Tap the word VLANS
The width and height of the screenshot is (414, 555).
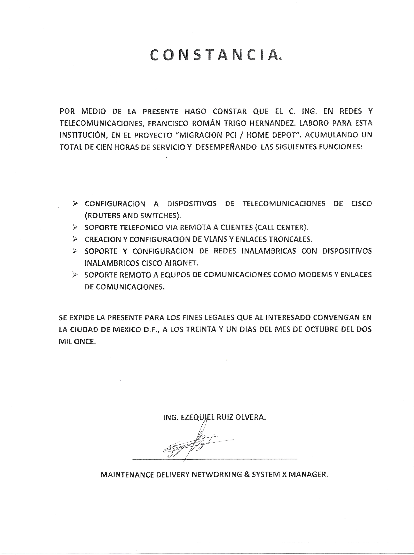click(x=218, y=239)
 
